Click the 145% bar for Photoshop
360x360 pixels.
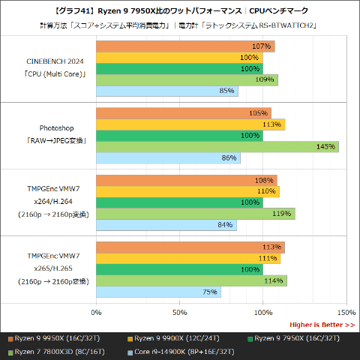217,146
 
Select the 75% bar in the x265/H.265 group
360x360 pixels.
158,292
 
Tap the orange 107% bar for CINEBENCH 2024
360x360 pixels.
185,46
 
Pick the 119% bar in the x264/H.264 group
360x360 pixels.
196,214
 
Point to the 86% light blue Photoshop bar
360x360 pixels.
168,158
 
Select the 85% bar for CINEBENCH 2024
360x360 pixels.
167,91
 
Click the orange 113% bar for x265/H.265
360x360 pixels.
190,247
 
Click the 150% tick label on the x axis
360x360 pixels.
346,312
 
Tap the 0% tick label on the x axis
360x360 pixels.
96,312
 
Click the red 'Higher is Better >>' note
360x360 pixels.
322,325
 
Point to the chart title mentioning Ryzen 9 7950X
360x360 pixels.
180,10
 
